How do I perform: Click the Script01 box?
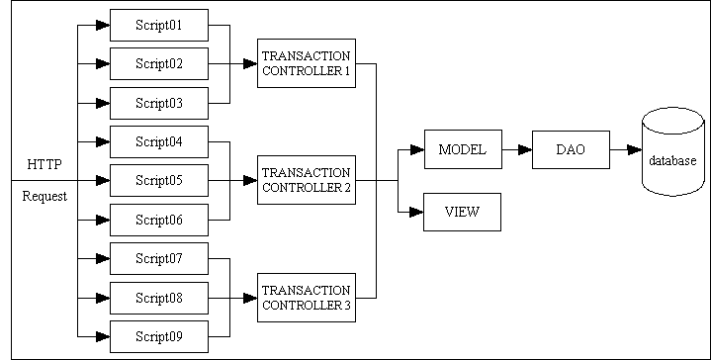158,25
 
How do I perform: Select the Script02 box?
158,63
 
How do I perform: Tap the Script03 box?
158,103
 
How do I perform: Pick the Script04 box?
158,141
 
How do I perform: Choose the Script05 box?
158,180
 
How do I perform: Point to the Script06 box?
158,220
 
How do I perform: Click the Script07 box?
158,258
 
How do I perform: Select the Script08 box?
158,297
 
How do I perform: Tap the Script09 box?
158,336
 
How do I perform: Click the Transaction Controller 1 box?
306,63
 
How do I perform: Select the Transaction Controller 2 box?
306,180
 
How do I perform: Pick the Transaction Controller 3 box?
306,297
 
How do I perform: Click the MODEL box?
462,149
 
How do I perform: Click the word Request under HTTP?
44,196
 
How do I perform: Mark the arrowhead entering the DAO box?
524,149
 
